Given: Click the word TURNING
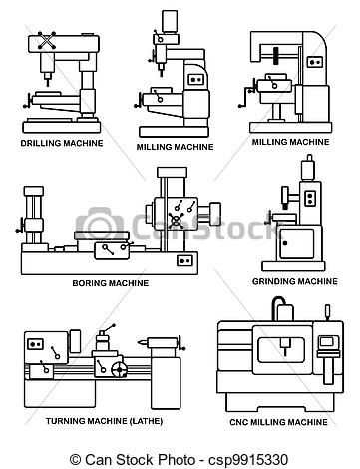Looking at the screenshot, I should click(x=51, y=423).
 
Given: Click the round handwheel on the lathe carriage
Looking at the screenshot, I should click(x=120, y=371).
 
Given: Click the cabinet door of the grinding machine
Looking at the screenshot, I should click(x=295, y=243).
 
